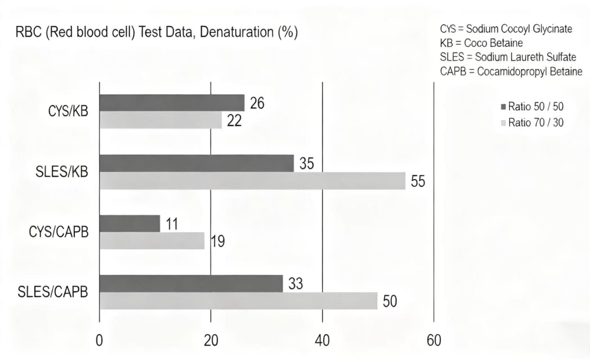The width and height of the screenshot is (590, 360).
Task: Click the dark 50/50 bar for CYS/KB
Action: point(172,103)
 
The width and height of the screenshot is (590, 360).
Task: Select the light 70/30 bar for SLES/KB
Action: point(252,181)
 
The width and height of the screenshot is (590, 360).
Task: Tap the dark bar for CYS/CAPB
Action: point(130,223)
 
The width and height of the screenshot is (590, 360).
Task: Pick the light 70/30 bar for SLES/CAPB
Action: point(238,300)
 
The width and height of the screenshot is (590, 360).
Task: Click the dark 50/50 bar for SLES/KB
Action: point(196,163)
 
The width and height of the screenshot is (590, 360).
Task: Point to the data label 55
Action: point(418,181)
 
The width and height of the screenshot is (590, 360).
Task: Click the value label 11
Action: point(173,224)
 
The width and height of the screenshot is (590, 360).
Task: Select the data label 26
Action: point(257,103)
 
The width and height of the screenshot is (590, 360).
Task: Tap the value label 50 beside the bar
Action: point(390,302)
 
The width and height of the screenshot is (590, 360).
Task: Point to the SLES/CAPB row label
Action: point(54,292)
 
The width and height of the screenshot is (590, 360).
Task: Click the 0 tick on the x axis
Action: point(99,341)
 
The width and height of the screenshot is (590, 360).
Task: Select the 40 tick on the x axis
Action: point(322,341)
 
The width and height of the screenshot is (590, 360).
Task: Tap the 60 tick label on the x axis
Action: point(434,341)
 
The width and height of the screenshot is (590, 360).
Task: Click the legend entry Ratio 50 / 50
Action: point(532,107)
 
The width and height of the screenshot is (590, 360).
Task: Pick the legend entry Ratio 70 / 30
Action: point(532,123)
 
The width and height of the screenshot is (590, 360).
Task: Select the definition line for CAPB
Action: point(510,71)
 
